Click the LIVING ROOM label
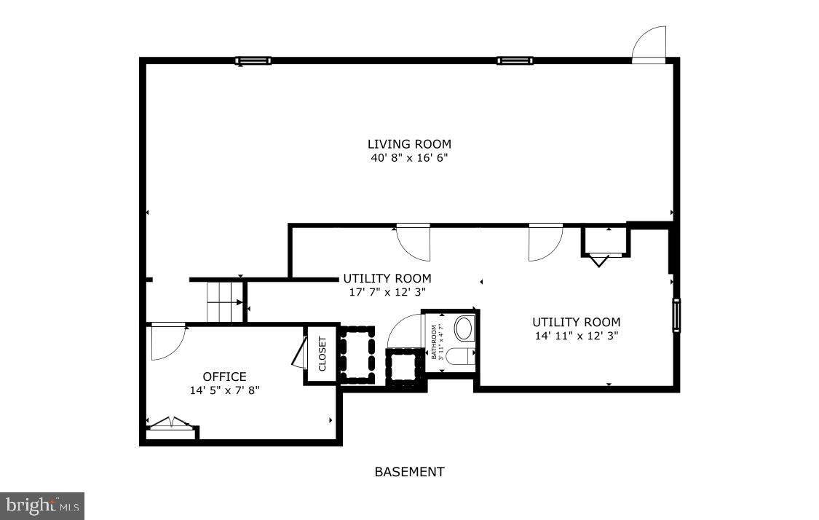409,143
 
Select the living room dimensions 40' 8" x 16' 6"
409,157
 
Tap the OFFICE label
224,377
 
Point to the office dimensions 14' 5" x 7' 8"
224,390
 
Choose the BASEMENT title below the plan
409,472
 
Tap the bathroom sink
464,328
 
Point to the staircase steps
224,302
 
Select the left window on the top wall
253,61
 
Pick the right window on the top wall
515,61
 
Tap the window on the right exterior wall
676,315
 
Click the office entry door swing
167,342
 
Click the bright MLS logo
42,505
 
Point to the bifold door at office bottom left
170,423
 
